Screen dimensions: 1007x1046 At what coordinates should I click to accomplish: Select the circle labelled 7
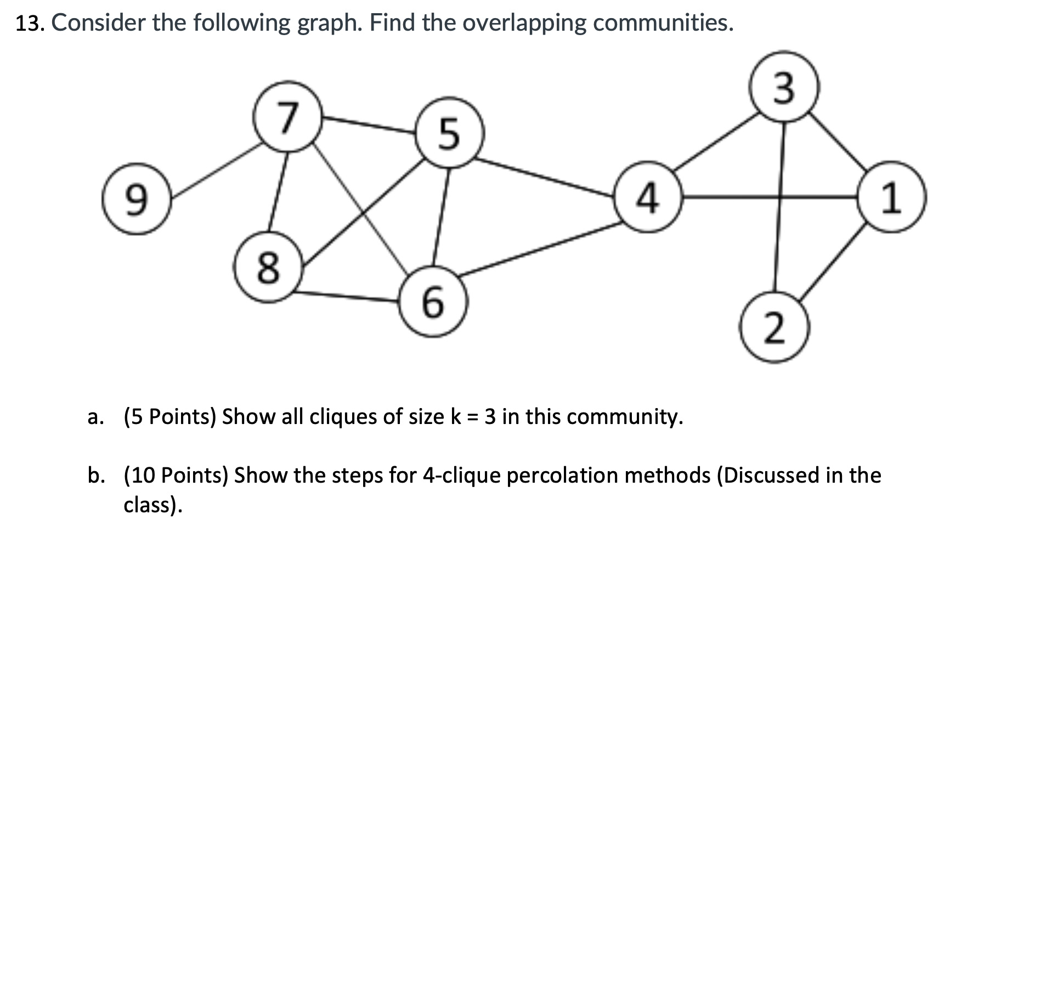point(288,117)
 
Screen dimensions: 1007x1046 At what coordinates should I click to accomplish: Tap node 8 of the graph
point(268,268)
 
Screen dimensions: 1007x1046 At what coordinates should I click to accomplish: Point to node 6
point(433,302)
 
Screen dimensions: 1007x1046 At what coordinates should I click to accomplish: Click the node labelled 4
point(648,197)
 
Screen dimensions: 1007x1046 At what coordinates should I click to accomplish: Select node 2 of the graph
point(774,327)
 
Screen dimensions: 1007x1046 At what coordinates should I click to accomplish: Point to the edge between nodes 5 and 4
point(546,177)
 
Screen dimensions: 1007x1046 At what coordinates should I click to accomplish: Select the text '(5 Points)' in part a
point(169,416)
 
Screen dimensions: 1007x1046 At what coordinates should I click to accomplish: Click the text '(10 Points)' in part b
point(176,475)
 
